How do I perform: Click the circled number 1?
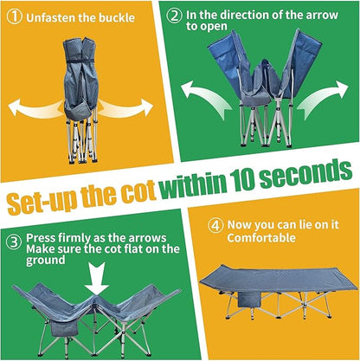[14, 16]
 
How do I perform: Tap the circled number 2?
[175, 16]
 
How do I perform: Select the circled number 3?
[14, 243]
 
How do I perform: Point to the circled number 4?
[215, 226]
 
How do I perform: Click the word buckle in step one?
[117, 17]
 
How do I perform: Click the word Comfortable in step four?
[261, 238]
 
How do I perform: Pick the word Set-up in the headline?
[42, 200]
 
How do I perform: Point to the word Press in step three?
[41, 238]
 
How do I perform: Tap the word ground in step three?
[46, 261]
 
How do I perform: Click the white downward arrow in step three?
[97, 278]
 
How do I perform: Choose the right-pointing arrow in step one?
[127, 107]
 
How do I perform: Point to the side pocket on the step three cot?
[64, 329]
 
